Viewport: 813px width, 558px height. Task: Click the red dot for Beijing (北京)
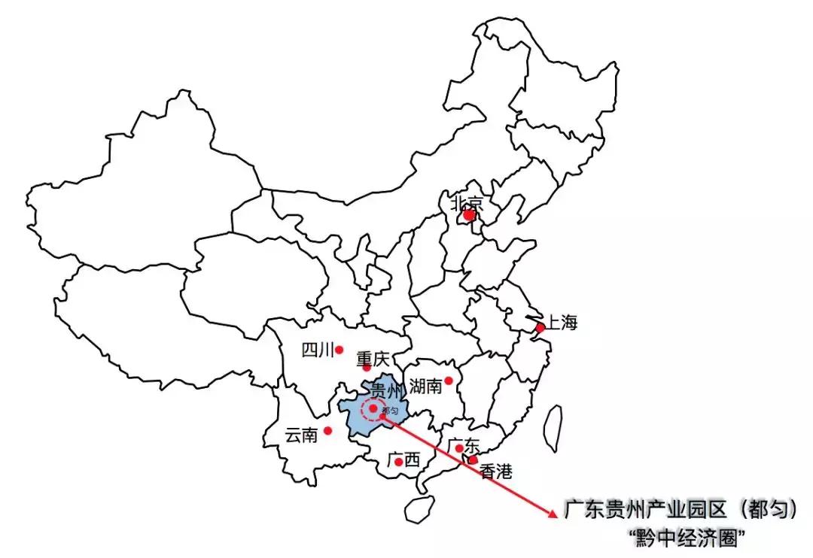tap(469, 215)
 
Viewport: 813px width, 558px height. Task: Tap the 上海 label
tap(562, 324)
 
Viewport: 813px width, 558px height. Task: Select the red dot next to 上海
tap(540, 328)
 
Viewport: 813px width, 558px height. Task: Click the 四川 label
tap(316, 350)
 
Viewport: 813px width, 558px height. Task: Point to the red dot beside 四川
tap(340, 350)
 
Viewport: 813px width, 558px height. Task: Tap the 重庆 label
tap(373, 357)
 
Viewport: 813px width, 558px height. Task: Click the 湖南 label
tap(426, 387)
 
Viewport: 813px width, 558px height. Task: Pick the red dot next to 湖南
tap(449, 381)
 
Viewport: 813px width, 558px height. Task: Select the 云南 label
tap(301, 435)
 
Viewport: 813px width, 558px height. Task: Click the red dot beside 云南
tap(327, 431)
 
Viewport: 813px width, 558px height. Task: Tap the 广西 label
tap(404, 460)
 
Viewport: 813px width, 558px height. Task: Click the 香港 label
tap(496, 472)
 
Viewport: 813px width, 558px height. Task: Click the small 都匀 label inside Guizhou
tap(390, 411)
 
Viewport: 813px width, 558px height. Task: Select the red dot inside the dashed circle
tap(373, 409)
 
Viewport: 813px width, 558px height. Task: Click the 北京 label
tap(466, 202)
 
